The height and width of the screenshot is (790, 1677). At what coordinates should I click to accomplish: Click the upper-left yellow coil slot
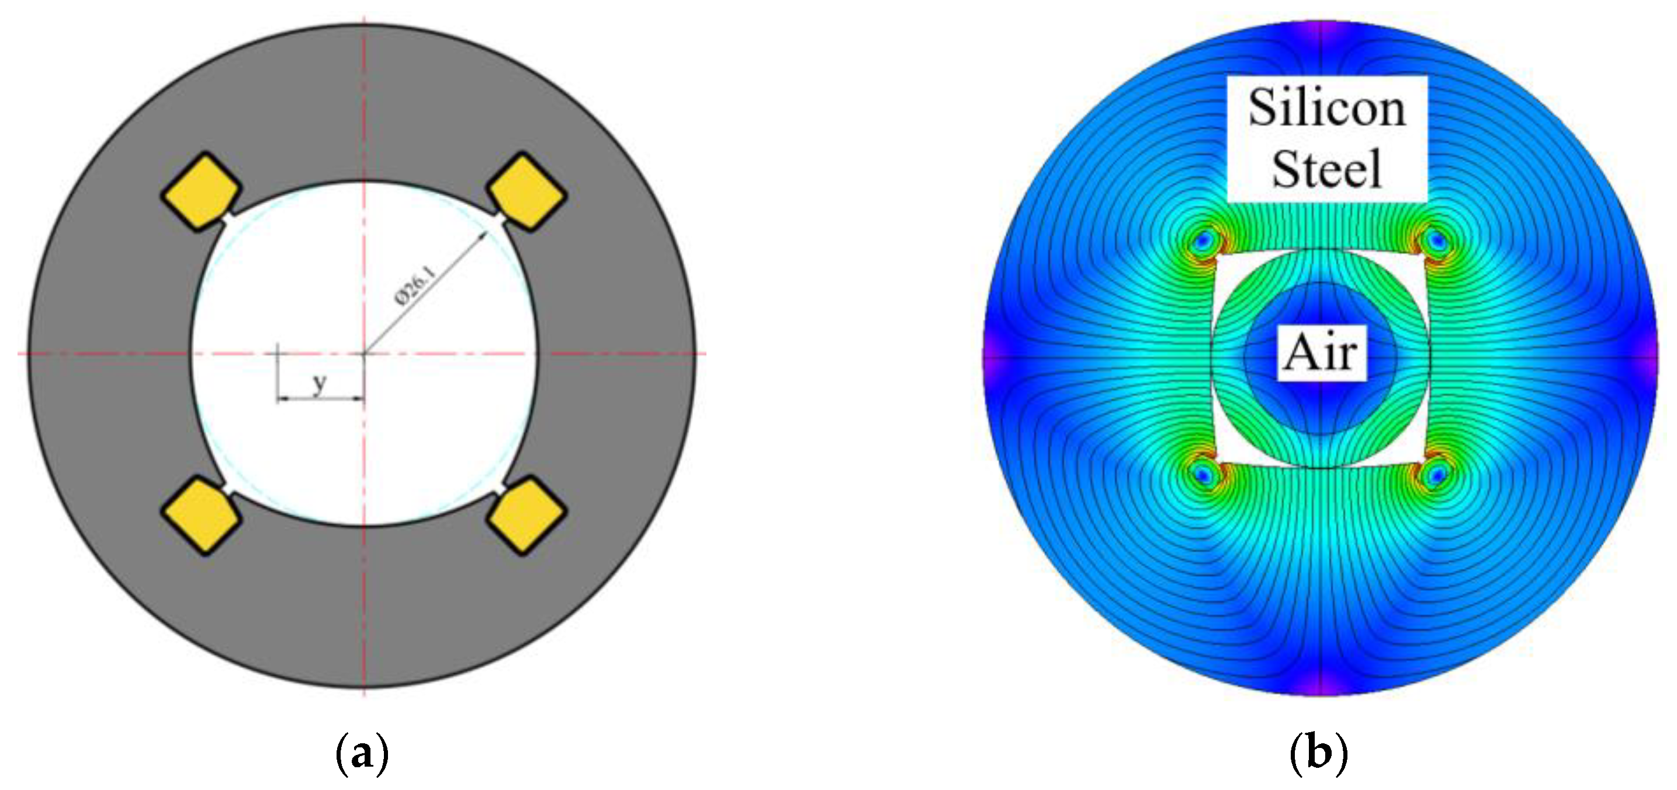(201, 192)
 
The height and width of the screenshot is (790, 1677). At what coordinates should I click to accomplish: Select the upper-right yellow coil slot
(527, 192)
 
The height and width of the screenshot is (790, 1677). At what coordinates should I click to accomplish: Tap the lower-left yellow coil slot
(201, 516)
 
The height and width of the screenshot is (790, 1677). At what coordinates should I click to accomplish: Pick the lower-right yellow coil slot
(527, 516)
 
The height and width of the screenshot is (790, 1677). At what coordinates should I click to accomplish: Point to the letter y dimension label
(319, 384)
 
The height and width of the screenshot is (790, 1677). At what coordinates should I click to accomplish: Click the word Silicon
(1327, 108)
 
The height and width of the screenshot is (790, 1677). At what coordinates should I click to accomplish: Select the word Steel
(1327, 168)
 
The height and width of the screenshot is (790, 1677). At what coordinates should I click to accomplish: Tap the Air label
(1322, 353)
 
